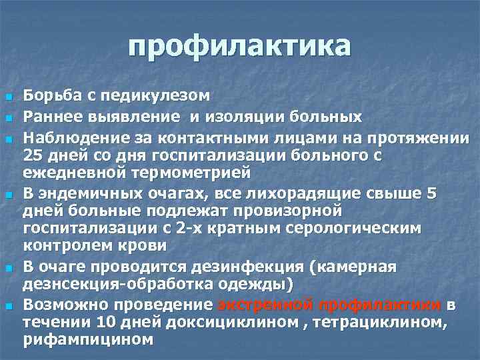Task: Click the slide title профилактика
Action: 240,46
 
